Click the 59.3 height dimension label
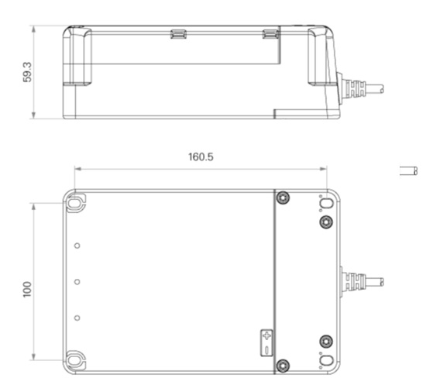pyautogui.click(x=27, y=72)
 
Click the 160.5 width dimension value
pyautogui.click(x=201, y=157)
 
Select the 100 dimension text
pyautogui.click(x=27, y=289)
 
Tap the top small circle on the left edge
pyautogui.click(x=77, y=246)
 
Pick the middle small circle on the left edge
pyautogui.click(x=77, y=282)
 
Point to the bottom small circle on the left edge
pyautogui.click(x=77, y=318)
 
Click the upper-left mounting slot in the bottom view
pyautogui.click(x=74, y=203)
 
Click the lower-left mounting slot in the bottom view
pyautogui.click(x=74, y=360)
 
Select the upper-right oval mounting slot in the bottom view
pyautogui.click(x=326, y=204)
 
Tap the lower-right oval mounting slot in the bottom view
pyautogui.click(x=326, y=360)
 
